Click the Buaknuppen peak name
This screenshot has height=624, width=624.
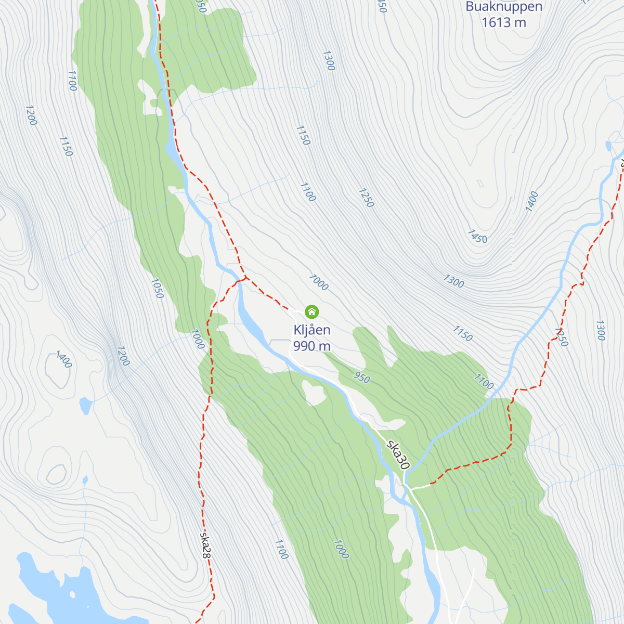(x=504, y=7)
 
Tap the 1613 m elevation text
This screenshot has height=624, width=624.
(x=504, y=23)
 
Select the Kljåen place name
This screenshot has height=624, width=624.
(x=312, y=330)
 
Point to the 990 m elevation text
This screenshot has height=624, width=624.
(x=312, y=346)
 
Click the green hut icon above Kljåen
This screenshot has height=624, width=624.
(x=311, y=312)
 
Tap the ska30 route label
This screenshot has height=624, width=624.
(x=398, y=454)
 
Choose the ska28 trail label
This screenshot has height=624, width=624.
(x=206, y=545)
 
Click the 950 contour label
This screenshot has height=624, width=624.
(x=361, y=378)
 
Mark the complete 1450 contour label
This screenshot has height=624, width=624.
(x=477, y=237)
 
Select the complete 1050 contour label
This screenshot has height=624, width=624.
(x=157, y=289)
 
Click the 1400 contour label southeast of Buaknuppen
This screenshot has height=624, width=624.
(x=531, y=201)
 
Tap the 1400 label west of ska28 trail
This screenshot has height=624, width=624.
(x=63, y=359)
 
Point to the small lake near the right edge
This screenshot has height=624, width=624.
(x=608, y=146)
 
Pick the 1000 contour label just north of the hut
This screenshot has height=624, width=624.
(x=318, y=282)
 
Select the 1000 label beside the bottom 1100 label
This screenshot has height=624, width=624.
(x=341, y=549)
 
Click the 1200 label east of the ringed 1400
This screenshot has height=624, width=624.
(x=122, y=356)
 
